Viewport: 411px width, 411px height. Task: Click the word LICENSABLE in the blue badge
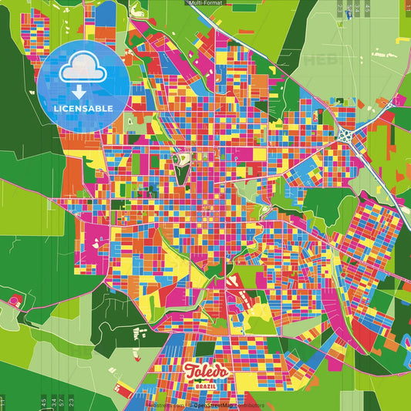83,108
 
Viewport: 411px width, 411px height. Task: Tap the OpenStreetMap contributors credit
227,404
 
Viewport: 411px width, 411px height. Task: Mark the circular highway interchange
345,135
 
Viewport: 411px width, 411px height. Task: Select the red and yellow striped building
244,297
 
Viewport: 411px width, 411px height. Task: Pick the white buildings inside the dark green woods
141,333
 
